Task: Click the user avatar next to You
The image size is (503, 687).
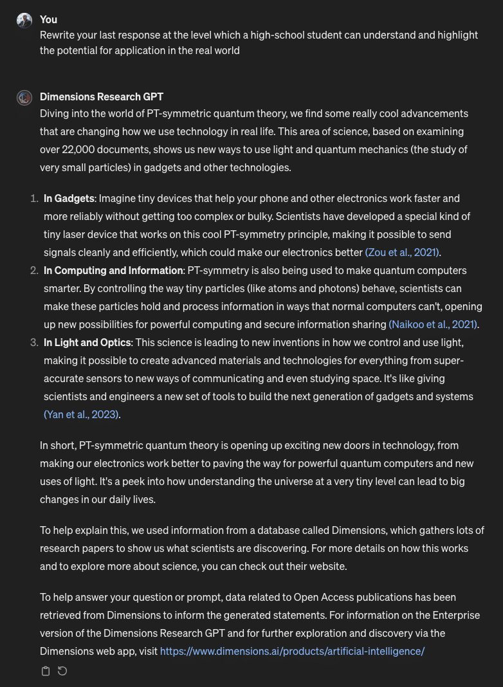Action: point(24,21)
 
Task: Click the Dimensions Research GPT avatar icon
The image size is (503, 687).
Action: point(24,98)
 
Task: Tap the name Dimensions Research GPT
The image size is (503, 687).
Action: point(102,97)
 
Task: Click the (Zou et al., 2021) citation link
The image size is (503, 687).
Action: point(403,252)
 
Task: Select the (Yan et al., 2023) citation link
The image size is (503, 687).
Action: point(81,414)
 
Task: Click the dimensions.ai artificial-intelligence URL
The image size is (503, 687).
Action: point(292,651)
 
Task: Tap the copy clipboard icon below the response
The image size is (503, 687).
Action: point(46,672)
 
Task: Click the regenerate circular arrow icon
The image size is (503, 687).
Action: point(62,672)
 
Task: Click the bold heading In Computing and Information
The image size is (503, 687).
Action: point(113,270)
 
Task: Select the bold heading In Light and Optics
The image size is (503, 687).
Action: point(87,342)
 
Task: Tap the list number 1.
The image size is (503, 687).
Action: point(34,198)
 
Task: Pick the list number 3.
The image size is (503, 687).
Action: point(34,342)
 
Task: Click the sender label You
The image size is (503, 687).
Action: point(48,20)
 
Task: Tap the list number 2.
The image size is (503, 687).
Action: point(34,270)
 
